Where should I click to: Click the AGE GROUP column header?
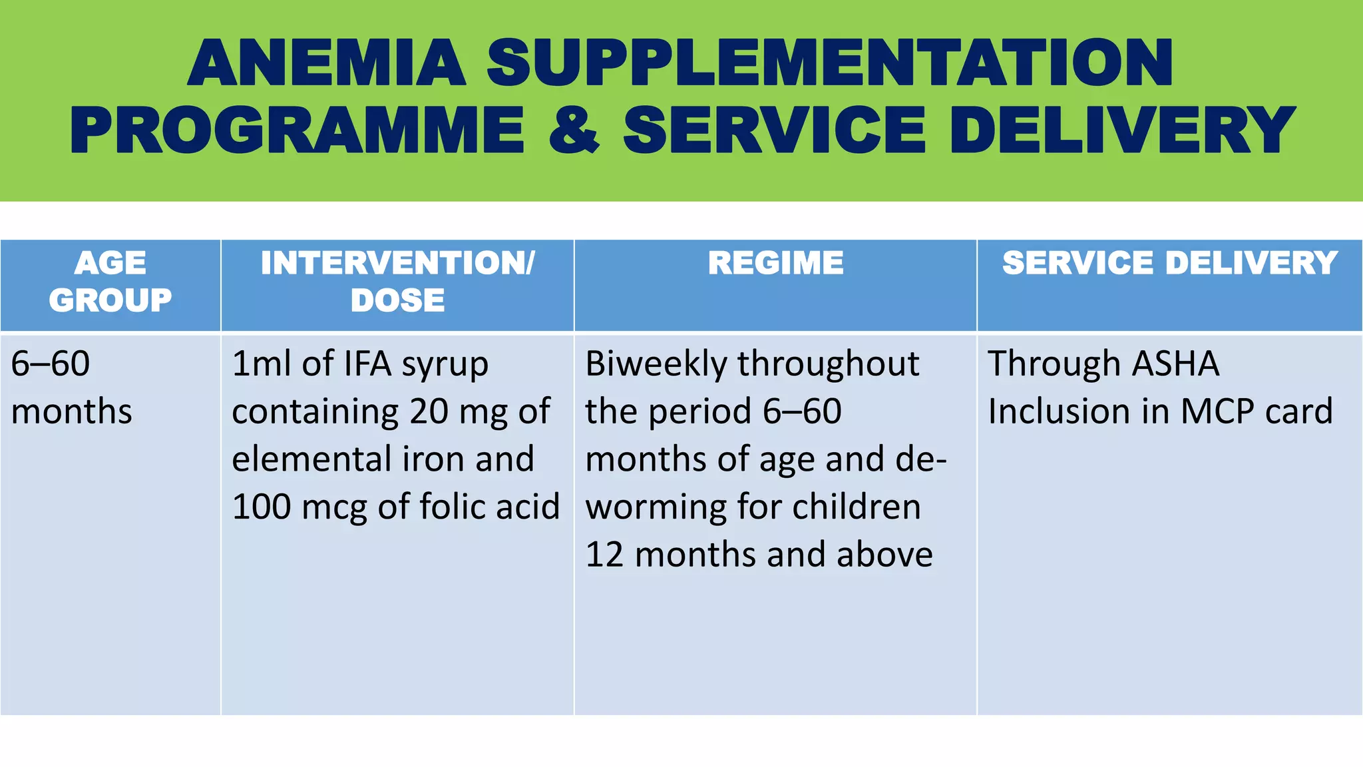tap(110, 281)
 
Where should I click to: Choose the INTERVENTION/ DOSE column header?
tap(397, 281)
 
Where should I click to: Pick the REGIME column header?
tap(775, 263)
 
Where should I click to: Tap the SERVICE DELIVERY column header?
tap(1169, 263)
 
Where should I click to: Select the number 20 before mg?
tap(429, 411)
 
